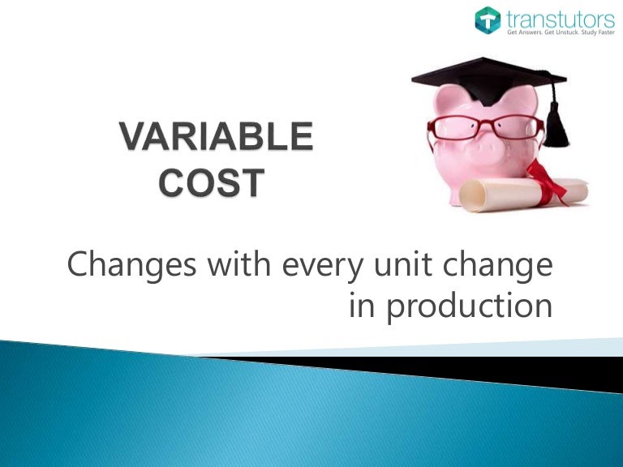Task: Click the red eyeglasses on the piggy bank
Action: pyautogui.click(x=478, y=128)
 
